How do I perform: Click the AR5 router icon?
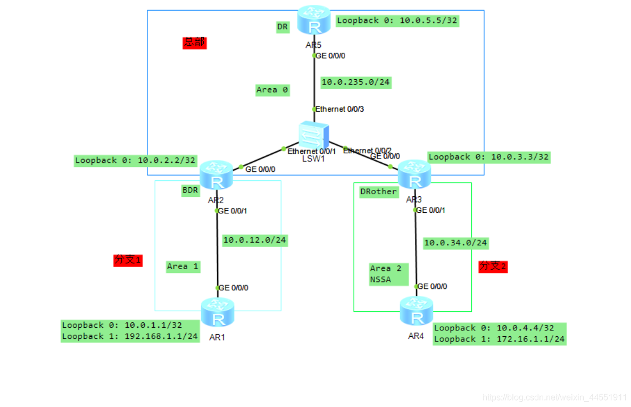pyautogui.click(x=314, y=20)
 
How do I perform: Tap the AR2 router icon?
pyautogui.click(x=217, y=175)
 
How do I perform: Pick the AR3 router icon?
pyautogui.click(x=415, y=174)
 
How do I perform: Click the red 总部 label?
pyautogui.click(x=194, y=43)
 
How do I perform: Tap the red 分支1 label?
pyautogui.click(x=128, y=260)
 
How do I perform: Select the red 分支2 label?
pyautogui.click(x=493, y=266)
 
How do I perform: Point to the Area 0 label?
pyautogui.click(x=272, y=90)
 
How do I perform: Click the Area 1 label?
pyautogui.click(x=182, y=266)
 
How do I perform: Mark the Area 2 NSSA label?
pyautogui.click(x=388, y=274)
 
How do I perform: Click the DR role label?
pyautogui.click(x=283, y=27)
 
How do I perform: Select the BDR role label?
pyautogui.click(x=190, y=190)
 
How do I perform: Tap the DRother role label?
pyautogui.click(x=379, y=192)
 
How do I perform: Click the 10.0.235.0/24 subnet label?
pyautogui.click(x=355, y=82)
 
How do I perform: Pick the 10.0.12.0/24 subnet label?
pyautogui.click(x=254, y=240)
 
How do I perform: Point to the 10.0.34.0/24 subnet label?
pyautogui.click(x=455, y=243)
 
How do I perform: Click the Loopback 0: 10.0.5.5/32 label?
pyautogui.click(x=397, y=21)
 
